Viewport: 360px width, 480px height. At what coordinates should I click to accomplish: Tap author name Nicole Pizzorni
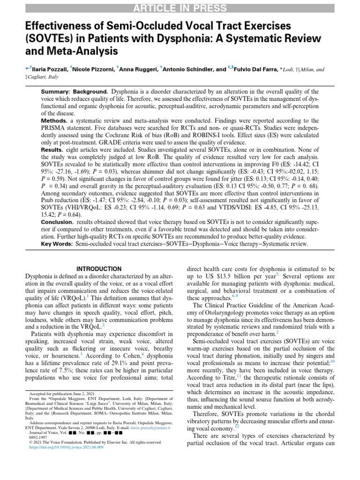tap(92, 69)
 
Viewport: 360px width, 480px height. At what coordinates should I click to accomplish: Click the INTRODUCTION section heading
tap(99, 269)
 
